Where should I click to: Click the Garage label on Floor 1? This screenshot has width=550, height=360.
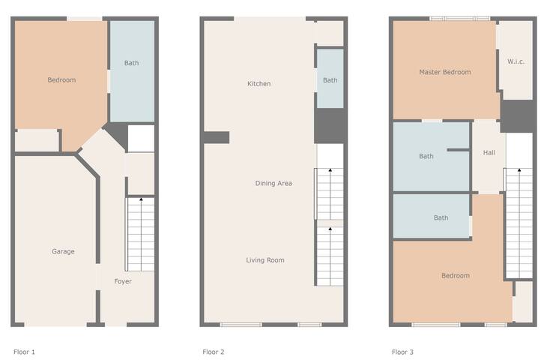tap(63, 251)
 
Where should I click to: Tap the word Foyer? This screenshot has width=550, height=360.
tap(123, 281)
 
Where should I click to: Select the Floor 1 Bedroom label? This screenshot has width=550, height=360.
tap(61, 80)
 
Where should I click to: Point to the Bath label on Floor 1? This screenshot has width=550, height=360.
tap(132, 63)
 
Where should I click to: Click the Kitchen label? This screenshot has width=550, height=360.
tap(259, 84)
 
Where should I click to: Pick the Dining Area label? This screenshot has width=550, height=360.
tap(274, 183)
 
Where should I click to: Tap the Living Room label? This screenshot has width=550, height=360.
tap(265, 260)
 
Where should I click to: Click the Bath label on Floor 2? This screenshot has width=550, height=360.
tap(330, 80)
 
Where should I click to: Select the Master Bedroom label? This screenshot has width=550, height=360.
tap(445, 72)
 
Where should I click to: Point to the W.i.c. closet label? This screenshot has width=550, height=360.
tap(516, 61)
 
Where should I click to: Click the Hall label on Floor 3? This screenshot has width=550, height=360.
tap(489, 153)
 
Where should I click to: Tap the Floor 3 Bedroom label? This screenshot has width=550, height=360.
tap(456, 276)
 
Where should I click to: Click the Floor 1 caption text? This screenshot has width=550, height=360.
tap(24, 352)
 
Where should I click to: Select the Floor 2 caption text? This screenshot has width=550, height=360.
tap(214, 352)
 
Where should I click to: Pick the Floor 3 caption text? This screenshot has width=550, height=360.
tap(402, 352)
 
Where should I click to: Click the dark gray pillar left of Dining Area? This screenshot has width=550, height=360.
tap(216, 138)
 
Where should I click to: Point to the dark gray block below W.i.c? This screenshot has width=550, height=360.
tap(517, 116)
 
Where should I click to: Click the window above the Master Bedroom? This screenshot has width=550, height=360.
tap(460, 19)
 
